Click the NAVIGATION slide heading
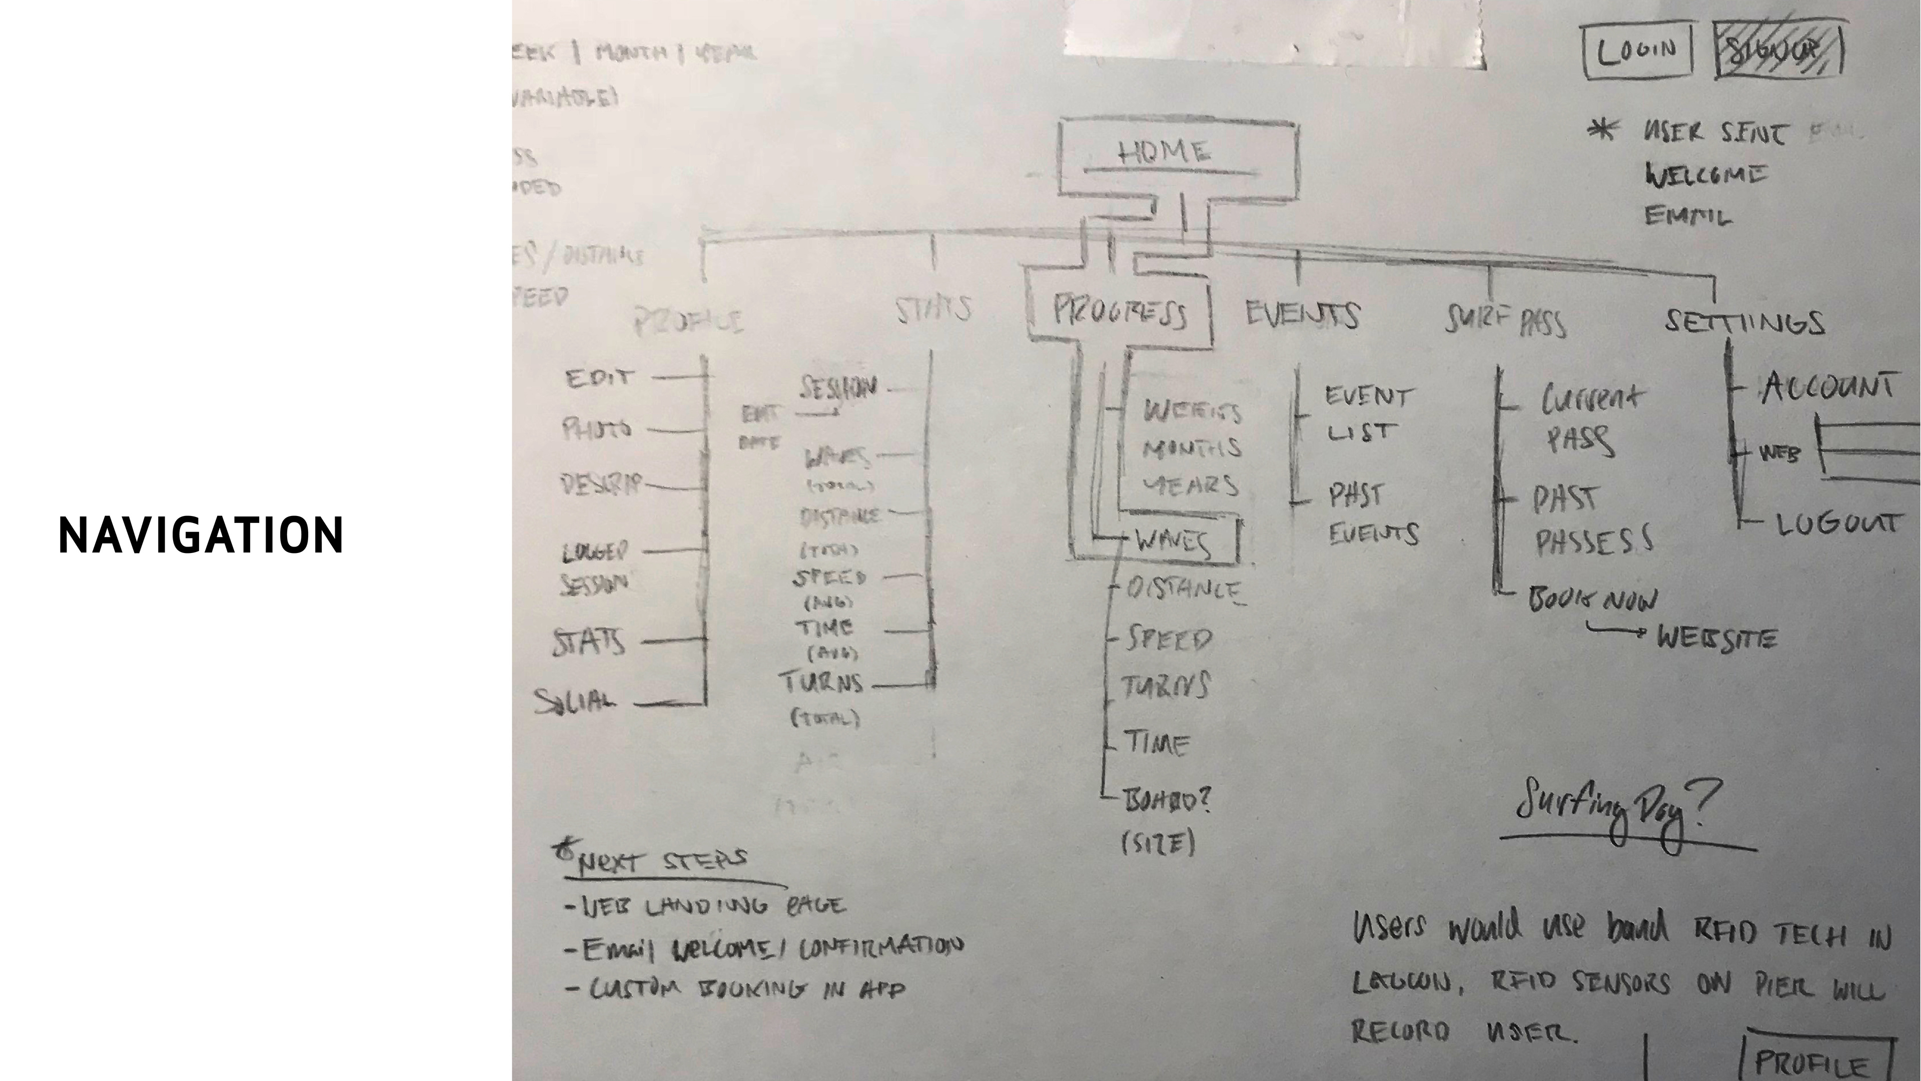pos(201,535)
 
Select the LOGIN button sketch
pos(1637,50)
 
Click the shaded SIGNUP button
pos(1778,50)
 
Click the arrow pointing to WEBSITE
pos(1614,631)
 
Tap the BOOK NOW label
pos(1593,599)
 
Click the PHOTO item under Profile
pos(597,429)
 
